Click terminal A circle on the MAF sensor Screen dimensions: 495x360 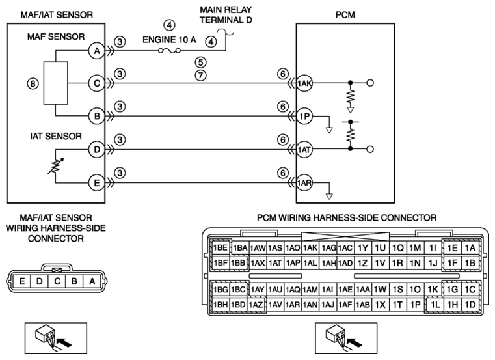[x=97, y=51]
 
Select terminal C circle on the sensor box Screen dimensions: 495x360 [x=97, y=83]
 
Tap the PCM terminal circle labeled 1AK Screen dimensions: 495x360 [x=304, y=83]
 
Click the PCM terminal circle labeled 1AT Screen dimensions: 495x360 [x=304, y=150]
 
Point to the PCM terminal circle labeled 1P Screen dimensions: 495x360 [x=304, y=117]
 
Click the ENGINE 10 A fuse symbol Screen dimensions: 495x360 [x=169, y=51]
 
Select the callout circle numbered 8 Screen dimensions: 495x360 [x=33, y=84]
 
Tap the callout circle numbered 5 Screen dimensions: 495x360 [x=201, y=62]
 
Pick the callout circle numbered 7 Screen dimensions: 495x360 [x=201, y=76]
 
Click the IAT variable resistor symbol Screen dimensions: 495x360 [x=55, y=165]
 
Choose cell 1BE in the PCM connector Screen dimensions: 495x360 [x=221, y=248]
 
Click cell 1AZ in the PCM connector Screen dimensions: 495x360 [x=256, y=305]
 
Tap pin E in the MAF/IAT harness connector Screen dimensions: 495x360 [x=21, y=281]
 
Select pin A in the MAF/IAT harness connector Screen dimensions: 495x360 [x=92, y=281]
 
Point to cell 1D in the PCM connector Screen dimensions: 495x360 [x=470, y=305]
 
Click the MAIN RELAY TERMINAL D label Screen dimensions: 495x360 [x=226, y=14]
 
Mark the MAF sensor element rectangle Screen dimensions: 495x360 [x=55, y=83]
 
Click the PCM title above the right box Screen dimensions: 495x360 [x=345, y=14]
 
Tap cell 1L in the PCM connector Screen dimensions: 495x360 [x=435, y=305]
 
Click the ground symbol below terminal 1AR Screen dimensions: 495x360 [x=329, y=197]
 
